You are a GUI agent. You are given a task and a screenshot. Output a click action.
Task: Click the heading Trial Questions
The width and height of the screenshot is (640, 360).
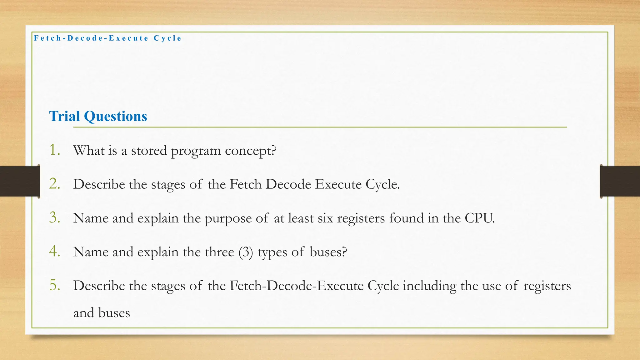(98, 116)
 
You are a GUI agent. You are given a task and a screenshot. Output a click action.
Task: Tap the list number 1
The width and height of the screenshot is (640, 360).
(55, 150)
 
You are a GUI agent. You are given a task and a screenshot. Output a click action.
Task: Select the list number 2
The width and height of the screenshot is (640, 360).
(55, 184)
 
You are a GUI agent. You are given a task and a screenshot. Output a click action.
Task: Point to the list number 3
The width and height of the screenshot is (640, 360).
(55, 217)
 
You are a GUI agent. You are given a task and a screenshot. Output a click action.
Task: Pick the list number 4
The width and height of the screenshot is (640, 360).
(55, 251)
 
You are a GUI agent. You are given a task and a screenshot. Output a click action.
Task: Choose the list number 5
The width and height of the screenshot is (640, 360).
(55, 285)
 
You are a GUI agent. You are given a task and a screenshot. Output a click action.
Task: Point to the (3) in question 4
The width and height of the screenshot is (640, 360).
(245, 252)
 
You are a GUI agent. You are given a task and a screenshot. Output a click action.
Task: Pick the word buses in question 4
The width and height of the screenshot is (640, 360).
(328, 252)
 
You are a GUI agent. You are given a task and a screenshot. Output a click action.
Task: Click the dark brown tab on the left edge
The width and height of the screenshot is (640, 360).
(20, 181)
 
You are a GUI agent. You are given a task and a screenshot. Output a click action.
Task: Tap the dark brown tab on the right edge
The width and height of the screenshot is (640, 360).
(620, 181)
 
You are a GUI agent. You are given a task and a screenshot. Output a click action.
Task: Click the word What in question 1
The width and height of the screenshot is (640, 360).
(89, 151)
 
